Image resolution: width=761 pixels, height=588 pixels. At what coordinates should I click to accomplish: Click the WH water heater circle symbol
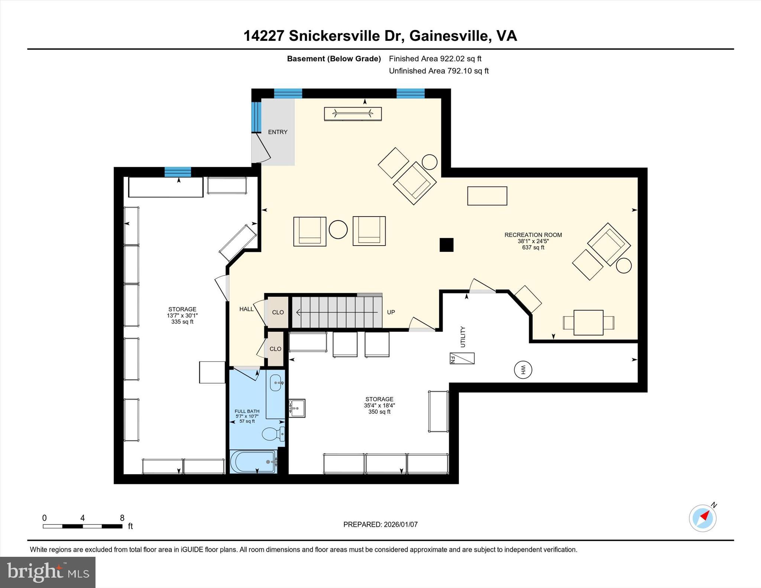[x=523, y=370]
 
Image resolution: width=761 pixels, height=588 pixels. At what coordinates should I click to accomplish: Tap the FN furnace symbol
[x=462, y=358]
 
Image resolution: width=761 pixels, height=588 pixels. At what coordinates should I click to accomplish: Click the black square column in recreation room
[x=446, y=245]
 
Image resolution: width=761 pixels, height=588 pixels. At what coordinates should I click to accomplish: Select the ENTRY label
[x=278, y=132]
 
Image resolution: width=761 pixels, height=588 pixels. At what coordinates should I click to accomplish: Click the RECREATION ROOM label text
[x=533, y=235]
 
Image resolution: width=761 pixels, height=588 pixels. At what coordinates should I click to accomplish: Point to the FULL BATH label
[x=247, y=411]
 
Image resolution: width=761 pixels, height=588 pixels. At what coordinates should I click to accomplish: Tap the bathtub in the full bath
[x=253, y=461]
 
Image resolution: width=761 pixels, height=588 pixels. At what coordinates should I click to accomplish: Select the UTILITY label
[x=463, y=337]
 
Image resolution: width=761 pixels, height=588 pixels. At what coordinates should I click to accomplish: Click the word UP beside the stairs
[x=391, y=312]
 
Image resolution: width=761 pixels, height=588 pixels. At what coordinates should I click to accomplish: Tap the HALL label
[x=246, y=309]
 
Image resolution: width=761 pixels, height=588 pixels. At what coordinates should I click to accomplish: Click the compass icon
[x=702, y=518]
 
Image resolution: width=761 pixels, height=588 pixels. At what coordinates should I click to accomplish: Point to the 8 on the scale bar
[x=122, y=518]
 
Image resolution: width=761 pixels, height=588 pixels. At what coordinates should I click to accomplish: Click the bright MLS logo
[x=48, y=572]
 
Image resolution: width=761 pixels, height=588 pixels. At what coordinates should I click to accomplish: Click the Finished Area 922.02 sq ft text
[x=435, y=59]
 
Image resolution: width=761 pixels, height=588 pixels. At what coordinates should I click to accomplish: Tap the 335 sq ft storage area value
[x=182, y=322]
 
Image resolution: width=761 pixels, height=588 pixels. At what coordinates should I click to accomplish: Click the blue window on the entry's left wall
[x=256, y=117]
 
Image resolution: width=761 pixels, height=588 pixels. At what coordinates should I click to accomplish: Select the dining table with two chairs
[x=588, y=322]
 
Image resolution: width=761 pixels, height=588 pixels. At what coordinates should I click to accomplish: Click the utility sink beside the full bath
[x=297, y=408]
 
